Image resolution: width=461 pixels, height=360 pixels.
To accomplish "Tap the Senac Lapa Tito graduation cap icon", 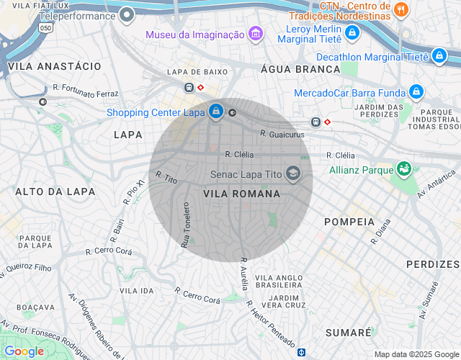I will (292, 174).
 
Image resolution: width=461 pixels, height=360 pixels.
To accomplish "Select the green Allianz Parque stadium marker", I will (403, 169).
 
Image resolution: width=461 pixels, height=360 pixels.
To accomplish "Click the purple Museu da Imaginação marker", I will (254, 34).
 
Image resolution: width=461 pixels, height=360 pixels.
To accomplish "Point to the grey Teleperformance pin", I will (127, 15).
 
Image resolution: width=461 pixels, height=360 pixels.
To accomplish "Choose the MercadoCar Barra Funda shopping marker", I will (415, 91).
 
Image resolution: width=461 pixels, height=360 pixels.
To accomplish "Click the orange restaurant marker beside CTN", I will (402, 10).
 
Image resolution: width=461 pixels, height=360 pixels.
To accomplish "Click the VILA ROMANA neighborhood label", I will (241, 194).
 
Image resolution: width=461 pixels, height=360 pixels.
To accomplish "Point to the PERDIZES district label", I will (432, 264).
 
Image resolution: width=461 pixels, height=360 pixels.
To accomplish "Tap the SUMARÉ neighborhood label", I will (348, 333).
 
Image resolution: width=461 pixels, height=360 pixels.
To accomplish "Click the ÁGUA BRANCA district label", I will (300, 69).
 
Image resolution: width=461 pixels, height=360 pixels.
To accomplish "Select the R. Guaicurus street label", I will (283, 133).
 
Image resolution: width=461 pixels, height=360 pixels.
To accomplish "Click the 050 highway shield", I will (46, 27).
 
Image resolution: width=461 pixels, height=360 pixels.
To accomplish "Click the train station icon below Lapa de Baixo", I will (189, 86).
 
